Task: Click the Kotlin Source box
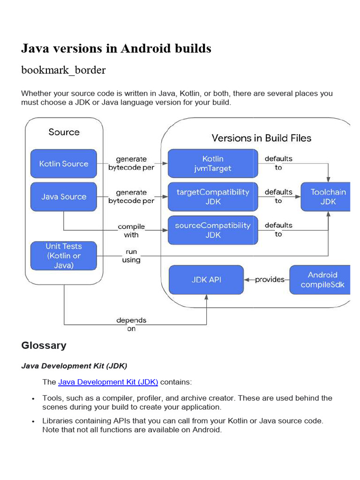tap(64, 164)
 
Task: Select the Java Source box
tap(64, 196)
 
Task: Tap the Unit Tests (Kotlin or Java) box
tap(64, 255)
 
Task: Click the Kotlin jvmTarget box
tap(213, 164)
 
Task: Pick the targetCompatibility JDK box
tap(213, 197)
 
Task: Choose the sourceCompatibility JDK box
tap(213, 230)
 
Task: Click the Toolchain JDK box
tap(328, 197)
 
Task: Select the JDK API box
tap(206, 280)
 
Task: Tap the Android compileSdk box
tap(322, 280)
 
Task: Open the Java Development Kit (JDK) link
tap(108, 382)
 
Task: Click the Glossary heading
tap(44, 345)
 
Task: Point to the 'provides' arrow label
tap(270, 280)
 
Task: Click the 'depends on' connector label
tap(131, 324)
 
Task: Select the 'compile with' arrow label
tap(131, 231)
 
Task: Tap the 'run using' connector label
tap(131, 255)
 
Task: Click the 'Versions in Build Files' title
tap(261, 138)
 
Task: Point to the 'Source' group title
tap(64, 132)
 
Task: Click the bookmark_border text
tap(63, 70)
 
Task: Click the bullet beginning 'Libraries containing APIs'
tap(183, 425)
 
